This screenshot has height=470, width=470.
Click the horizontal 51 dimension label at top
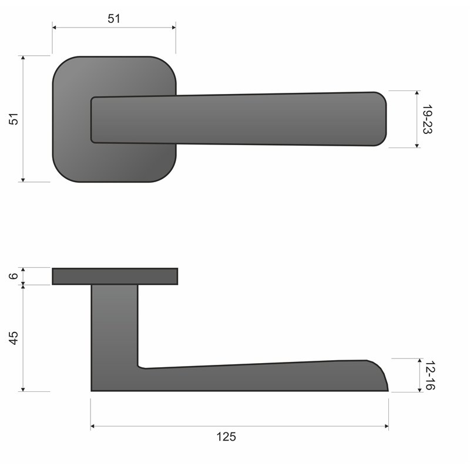coord(114,18)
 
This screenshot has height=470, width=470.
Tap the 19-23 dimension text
coord(427,119)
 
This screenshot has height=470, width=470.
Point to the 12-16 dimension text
coord(429,375)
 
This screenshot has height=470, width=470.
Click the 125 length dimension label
coord(226,437)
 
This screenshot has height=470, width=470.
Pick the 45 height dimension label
coord(14,338)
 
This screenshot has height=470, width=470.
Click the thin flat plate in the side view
coord(115,276)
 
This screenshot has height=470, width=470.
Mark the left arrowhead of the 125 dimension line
coord(93,427)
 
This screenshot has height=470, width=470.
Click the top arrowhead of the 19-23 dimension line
coord(417,93)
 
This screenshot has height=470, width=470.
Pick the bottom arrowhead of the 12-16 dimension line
coord(419,390)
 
